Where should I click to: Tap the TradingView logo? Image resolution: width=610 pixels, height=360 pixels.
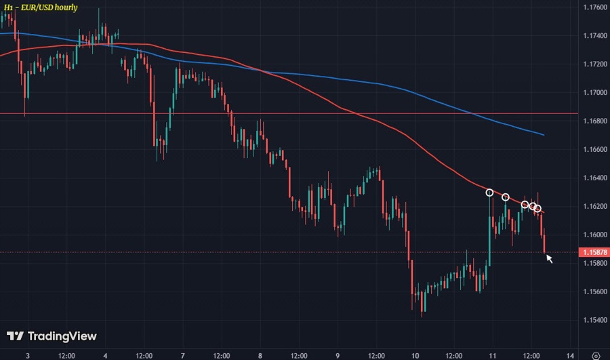coord(52,336)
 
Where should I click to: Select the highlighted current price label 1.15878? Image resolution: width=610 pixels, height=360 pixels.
coord(593,252)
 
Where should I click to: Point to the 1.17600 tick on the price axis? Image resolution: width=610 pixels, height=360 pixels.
coord(593,7)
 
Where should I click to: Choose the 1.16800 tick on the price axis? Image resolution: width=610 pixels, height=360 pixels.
coord(593,121)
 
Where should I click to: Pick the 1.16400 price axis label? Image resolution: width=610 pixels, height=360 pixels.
coord(593,178)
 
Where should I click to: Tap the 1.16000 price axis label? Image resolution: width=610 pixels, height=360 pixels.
coord(593,235)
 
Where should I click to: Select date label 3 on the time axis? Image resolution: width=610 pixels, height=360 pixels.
coord(27,355)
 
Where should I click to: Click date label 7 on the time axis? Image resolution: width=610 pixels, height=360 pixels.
coord(183,355)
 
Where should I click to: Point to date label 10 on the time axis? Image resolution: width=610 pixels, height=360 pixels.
coord(415,355)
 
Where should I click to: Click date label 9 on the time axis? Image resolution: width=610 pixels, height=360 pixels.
coord(338,355)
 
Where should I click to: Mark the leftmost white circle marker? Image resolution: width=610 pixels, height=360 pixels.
coord(490,193)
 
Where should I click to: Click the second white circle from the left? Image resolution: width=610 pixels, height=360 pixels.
coord(505,197)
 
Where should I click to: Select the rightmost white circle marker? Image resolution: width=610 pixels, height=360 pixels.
coord(537,208)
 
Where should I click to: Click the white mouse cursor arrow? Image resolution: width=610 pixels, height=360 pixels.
coord(550,258)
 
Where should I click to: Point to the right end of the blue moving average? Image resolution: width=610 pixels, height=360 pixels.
coord(544,135)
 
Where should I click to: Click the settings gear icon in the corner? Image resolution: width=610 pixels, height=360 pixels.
coord(594,355)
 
